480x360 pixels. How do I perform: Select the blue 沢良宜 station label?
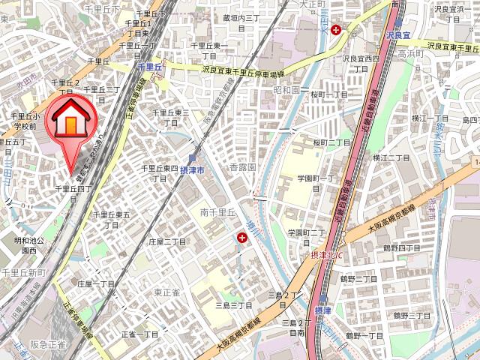pyautogui.click(x=398, y=35)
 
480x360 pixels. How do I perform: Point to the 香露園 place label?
pyautogui.click(x=243, y=167)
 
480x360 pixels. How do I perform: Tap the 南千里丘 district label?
pyautogui.click(x=219, y=212)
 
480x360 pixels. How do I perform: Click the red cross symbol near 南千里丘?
pyautogui.click(x=242, y=238)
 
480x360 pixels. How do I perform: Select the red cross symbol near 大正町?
pyautogui.click(x=337, y=30)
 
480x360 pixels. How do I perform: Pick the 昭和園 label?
pyautogui.click(x=287, y=89)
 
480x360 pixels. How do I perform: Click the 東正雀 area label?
pyautogui.click(x=166, y=292)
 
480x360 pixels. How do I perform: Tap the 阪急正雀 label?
pyautogui.click(x=47, y=345)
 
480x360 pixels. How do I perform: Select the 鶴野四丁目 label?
pyautogui.click(x=402, y=247)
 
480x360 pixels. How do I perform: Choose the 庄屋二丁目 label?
pyautogui.click(x=166, y=241)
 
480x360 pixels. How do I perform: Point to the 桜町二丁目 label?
pyautogui.click(x=331, y=142)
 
